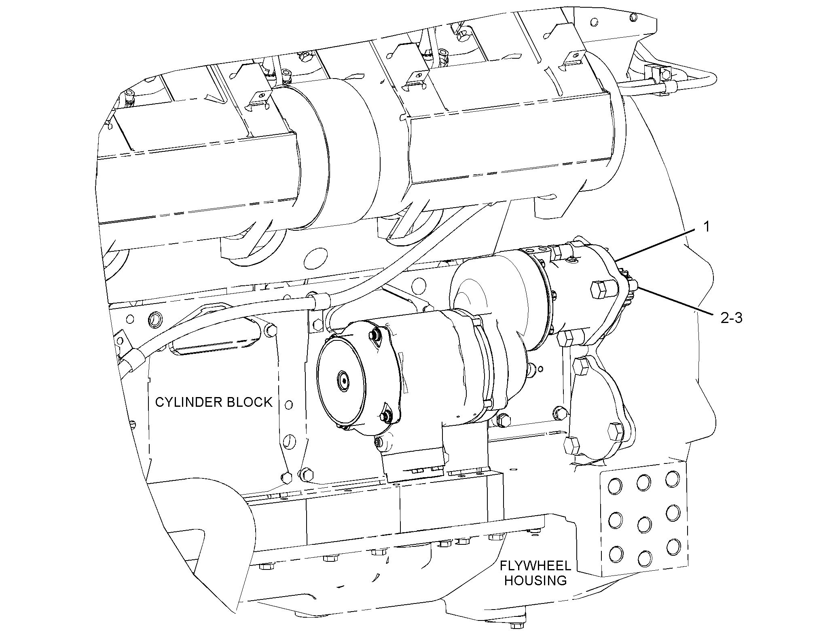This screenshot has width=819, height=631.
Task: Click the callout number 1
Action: point(706,227)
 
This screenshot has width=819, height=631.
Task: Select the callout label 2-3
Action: point(731,318)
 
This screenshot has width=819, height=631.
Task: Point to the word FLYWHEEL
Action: point(534,565)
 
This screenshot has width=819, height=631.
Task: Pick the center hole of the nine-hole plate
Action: point(643,525)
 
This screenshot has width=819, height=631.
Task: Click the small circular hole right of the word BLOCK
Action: point(289,404)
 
